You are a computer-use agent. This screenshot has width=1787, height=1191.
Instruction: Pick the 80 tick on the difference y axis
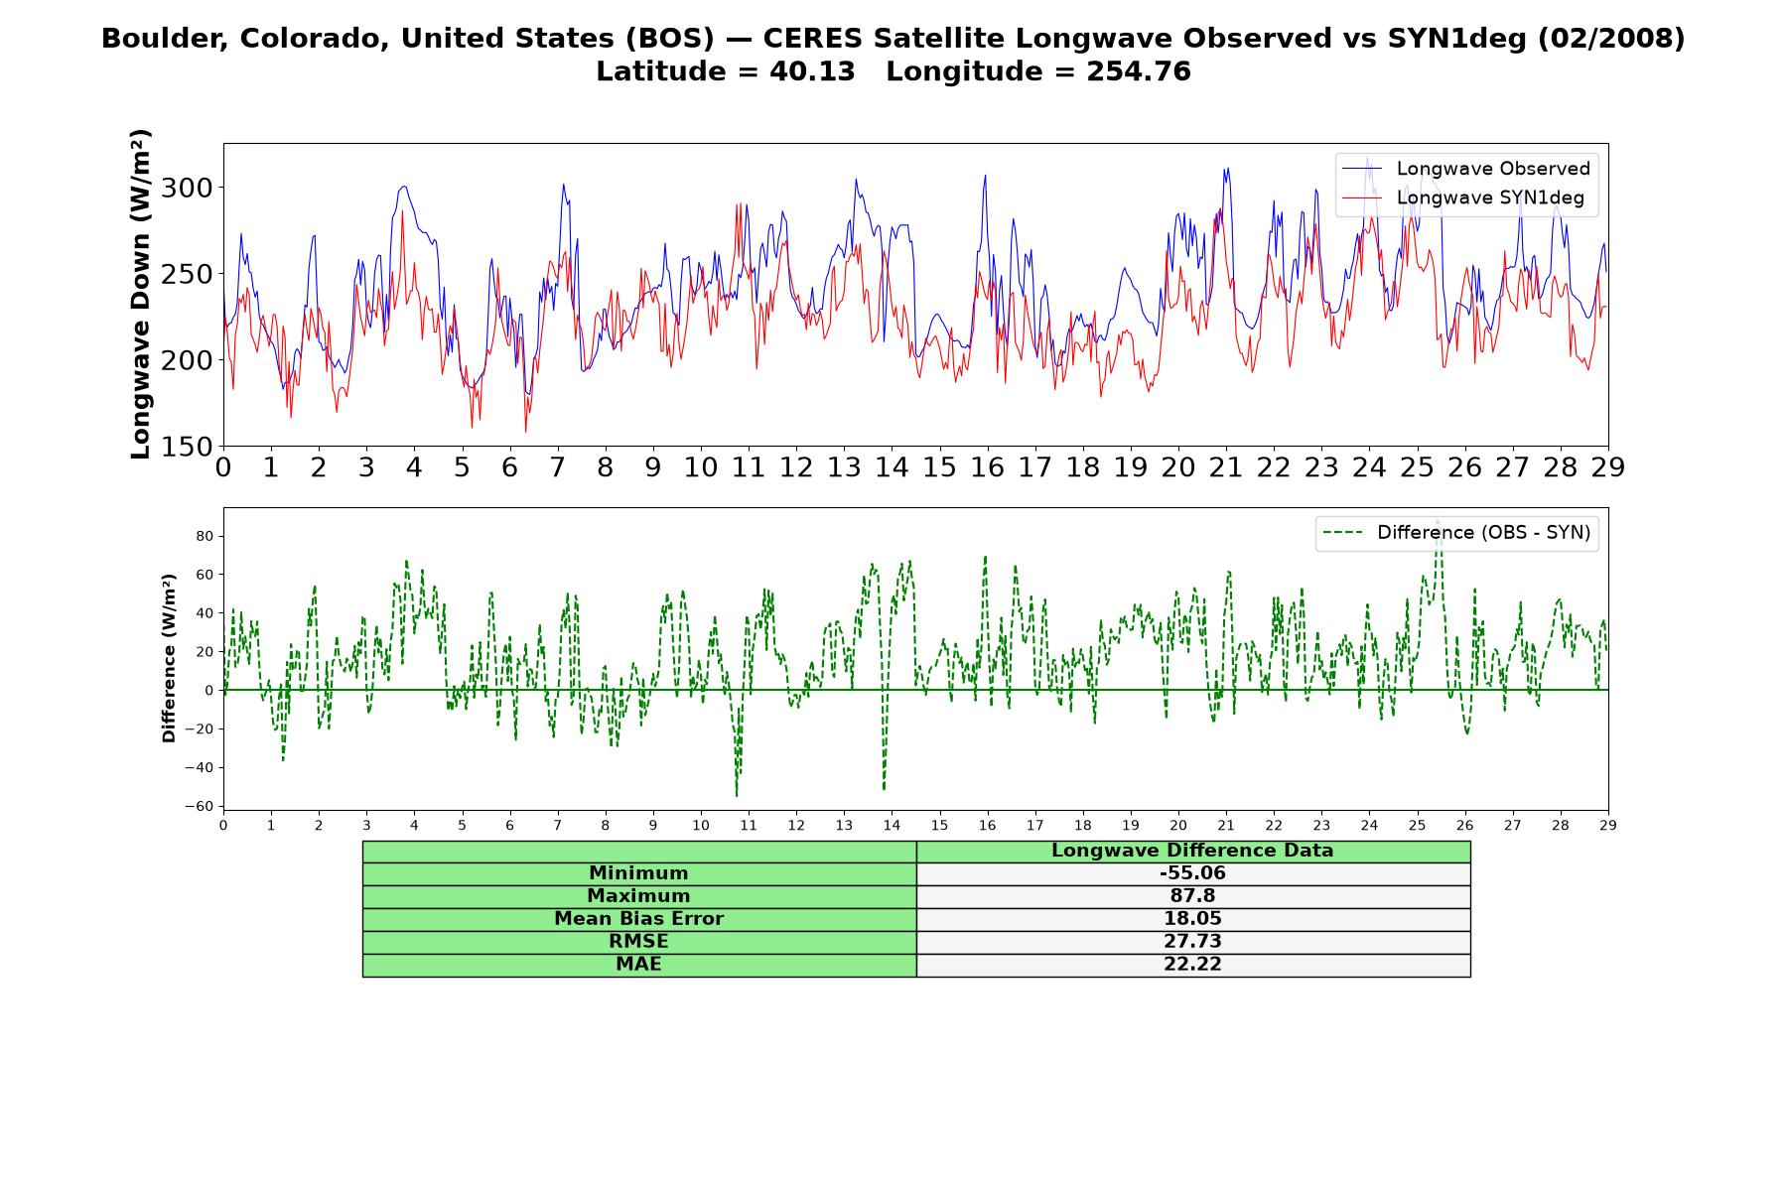tap(206, 536)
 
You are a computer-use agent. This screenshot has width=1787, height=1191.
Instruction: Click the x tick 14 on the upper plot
tap(892, 467)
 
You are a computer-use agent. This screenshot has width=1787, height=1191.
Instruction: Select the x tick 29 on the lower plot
tap(1608, 825)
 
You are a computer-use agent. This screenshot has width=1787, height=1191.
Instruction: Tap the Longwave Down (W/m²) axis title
tap(140, 294)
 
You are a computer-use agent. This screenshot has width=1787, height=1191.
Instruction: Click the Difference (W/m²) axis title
tap(169, 658)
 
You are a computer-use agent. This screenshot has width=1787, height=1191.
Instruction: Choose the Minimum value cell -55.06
tap(1192, 873)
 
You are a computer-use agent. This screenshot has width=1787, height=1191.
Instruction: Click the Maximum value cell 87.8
tap(1192, 896)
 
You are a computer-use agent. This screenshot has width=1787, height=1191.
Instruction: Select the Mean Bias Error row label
tap(638, 919)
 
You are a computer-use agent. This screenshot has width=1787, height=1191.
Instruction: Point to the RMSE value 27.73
tap(1192, 942)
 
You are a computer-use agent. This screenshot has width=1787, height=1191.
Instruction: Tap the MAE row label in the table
tap(638, 965)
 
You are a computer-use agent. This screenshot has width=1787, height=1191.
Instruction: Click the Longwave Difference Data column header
tap(1192, 851)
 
